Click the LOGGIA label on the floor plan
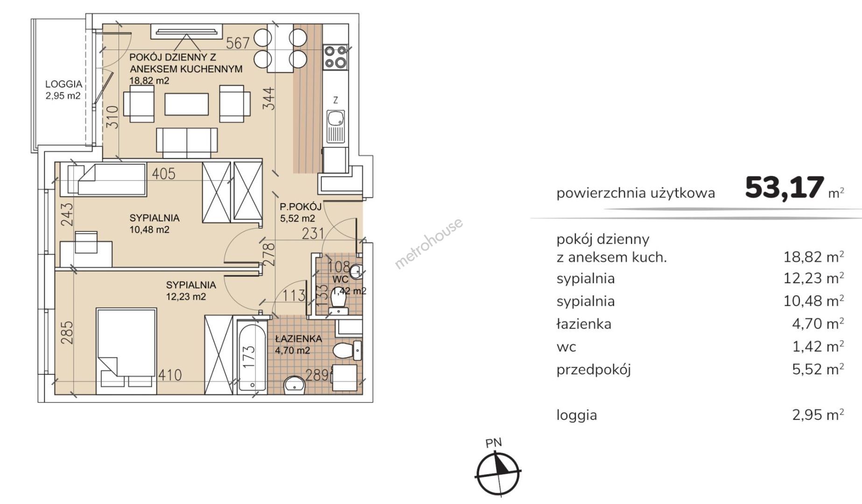point(63,84)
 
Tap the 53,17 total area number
point(784,188)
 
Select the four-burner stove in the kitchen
point(336,57)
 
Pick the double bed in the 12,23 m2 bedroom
point(126,348)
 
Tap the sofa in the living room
point(187,143)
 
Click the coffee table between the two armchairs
point(187,104)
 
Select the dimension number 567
point(238,43)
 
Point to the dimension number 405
point(164,174)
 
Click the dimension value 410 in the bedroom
point(170,375)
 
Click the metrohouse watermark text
point(429,243)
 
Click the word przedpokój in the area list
point(594,370)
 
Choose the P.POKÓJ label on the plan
point(301,207)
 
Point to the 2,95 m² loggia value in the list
point(818,414)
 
